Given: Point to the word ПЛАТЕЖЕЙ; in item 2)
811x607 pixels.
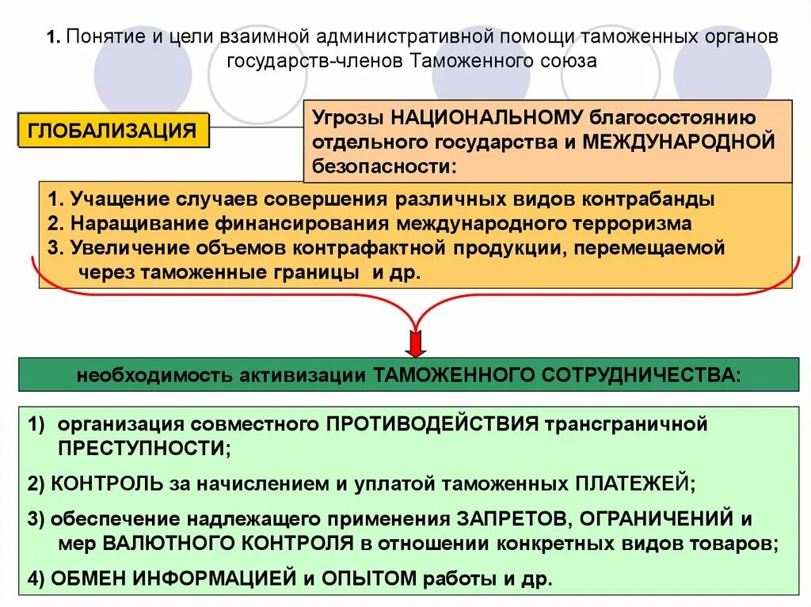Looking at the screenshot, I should tap(634, 484).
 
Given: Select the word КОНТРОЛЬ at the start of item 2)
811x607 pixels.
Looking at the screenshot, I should tap(107, 484).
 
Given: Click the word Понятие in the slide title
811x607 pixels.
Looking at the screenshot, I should tap(101, 37).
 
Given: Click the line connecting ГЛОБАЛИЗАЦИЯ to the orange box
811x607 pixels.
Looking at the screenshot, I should tap(256, 127).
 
